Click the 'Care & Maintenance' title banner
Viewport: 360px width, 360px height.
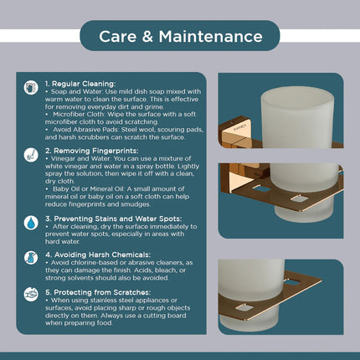pyautogui.click(x=180, y=36)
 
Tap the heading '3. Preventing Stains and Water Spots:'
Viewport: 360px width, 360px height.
pyautogui.click(x=114, y=217)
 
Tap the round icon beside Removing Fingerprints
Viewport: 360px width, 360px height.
pyautogui.click(x=31, y=156)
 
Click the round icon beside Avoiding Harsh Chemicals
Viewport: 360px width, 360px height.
pyautogui.click(x=31, y=259)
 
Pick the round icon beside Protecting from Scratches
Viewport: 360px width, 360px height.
pyautogui.click(x=31, y=296)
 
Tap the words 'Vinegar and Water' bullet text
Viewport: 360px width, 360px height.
pyautogui.click(x=81, y=161)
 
